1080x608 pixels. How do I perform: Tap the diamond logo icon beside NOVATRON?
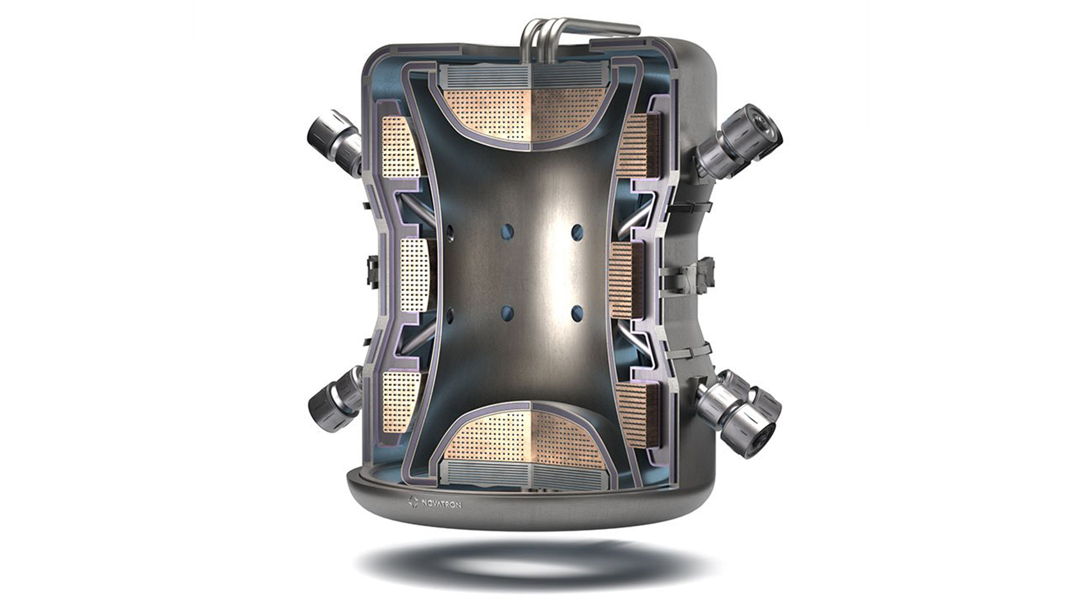(413, 501)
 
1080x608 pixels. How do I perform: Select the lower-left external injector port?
(335, 399)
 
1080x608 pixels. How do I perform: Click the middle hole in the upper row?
(507, 231)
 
